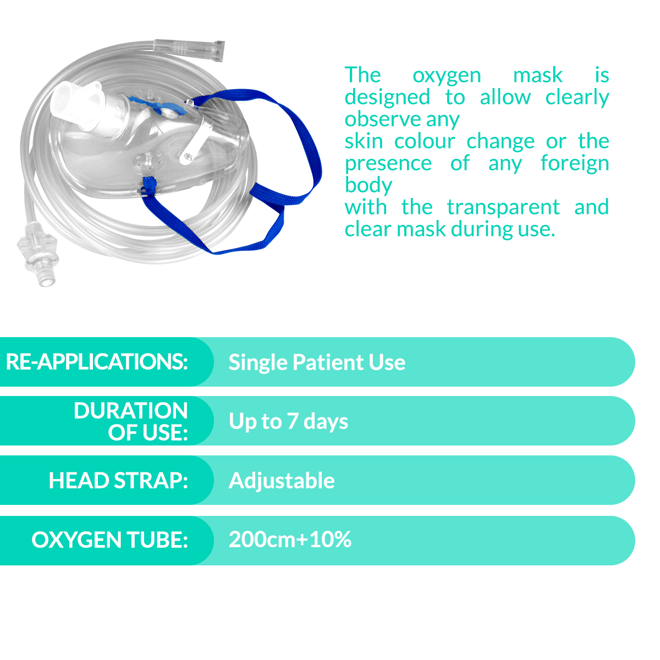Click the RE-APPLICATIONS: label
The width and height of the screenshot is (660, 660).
(97, 362)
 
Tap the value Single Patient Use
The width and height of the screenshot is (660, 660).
(317, 362)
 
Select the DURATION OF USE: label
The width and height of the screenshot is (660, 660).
(131, 421)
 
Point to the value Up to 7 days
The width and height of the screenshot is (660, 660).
(288, 421)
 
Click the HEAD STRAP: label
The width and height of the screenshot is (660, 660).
(118, 480)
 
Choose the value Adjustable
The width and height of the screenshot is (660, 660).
(282, 481)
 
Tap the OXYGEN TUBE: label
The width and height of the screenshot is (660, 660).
(109, 540)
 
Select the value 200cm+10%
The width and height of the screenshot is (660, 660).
(290, 539)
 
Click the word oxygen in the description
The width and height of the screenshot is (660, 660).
(447, 76)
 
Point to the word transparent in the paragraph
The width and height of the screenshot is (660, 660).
(503, 207)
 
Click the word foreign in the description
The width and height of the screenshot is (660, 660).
(575, 164)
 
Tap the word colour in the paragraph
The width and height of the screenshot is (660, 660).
(425, 141)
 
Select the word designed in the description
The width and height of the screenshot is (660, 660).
(387, 98)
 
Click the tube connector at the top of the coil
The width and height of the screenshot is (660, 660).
(189, 50)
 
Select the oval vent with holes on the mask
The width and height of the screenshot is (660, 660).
(148, 161)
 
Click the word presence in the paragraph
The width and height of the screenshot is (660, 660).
(388, 164)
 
